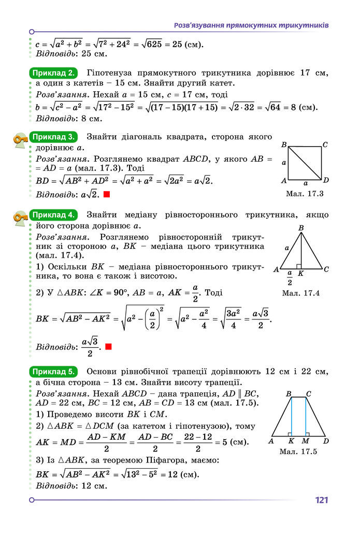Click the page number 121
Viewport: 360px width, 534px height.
pyautogui.click(x=321, y=500)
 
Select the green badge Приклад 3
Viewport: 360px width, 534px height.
pyautogui.click(x=54, y=137)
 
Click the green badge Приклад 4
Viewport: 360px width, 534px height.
pyautogui.click(x=54, y=215)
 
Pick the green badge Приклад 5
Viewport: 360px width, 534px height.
pyautogui.click(x=54, y=371)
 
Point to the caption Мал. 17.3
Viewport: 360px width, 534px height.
pyautogui.click(x=305, y=194)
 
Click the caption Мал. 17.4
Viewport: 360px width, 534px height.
pyautogui.click(x=301, y=293)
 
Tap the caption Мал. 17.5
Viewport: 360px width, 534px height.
pyautogui.click(x=298, y=452)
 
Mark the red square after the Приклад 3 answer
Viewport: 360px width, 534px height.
pyautogui.click(x=107, y=194)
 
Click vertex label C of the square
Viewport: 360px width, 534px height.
pyautogui.click(x=325, y=145)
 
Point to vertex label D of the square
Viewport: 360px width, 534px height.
pyautogui.click(x=326, y=180)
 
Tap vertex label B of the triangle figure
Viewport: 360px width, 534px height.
pyautogui.click(x=301, y=228)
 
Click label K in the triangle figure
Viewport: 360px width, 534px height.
pyautogui.click(x=300, y=273)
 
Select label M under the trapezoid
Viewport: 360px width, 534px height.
pyautogui.click(x=305, y=441)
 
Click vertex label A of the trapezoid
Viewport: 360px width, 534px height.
pyautogui.click(x=271, y=441)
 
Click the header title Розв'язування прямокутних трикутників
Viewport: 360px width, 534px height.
pyautogui.click(x=251, y=25)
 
